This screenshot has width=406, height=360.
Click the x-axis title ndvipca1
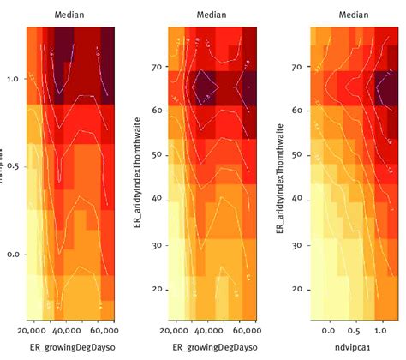[x=349, y=348]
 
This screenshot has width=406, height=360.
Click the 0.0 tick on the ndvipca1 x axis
[x=329, y=329]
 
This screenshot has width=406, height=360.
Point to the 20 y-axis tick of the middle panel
[x=157, y=289]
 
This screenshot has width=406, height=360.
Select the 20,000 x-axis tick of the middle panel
[x=174, y=330]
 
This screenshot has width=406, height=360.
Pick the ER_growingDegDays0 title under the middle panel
[x=211, y=348]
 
